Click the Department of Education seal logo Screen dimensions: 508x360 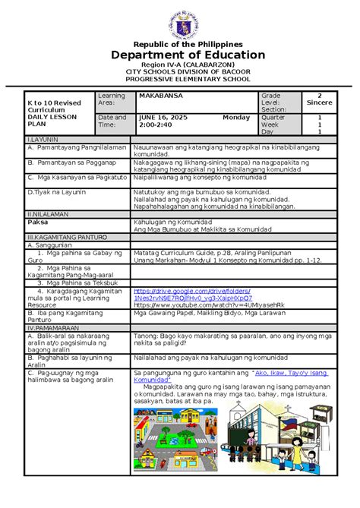pos(179,21)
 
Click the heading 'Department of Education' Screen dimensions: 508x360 pos(179,55)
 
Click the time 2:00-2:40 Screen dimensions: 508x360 pos(156,126)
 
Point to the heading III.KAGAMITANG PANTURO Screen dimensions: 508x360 pos(64,238)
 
